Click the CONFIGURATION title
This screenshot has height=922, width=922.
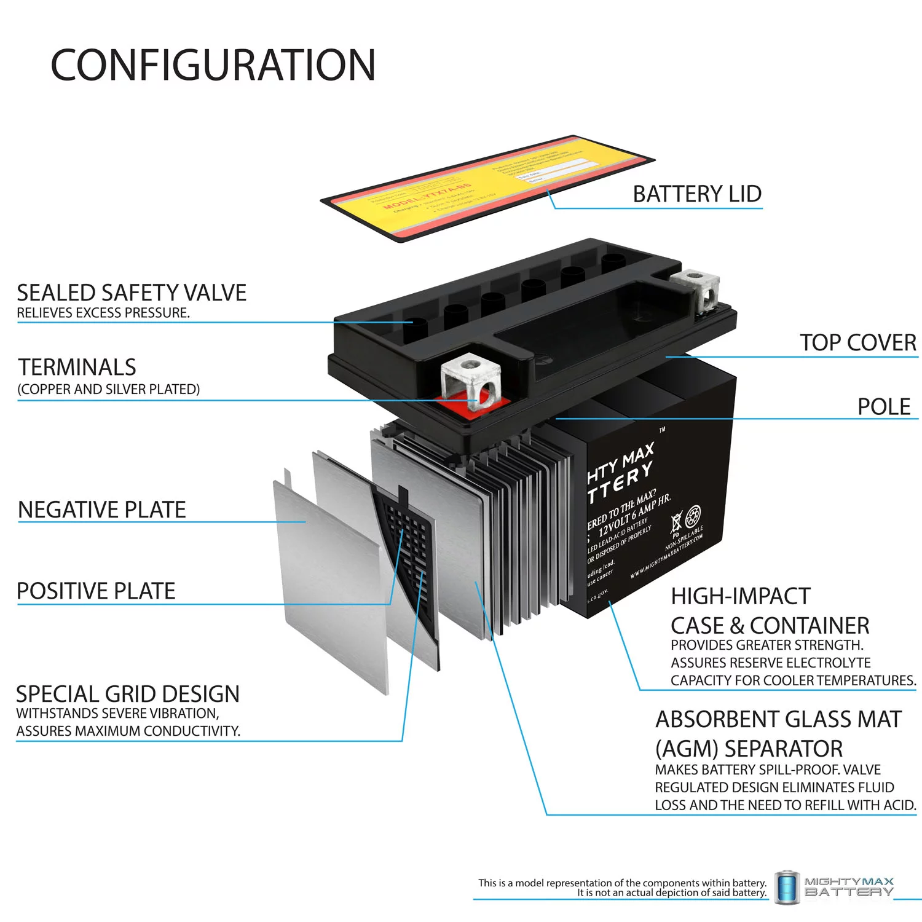pos(213,65)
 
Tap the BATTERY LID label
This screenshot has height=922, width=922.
pos(697,194)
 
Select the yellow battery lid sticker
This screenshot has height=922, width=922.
pos(486,187)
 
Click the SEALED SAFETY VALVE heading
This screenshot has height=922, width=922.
pos(132,293)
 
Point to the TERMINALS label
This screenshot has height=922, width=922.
pos(77,367)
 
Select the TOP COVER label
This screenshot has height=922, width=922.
pos(857,343)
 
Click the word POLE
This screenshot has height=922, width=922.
pos(883,407)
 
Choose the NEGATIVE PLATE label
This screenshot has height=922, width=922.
pos(102,510)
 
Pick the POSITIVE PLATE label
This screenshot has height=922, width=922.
pos(97,591)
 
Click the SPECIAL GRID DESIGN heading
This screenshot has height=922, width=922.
pos(128,694)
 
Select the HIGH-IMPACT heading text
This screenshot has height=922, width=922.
pos(741,596)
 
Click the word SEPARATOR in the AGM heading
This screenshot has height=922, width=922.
pos(784,749)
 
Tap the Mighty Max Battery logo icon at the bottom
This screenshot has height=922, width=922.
pos(786,888)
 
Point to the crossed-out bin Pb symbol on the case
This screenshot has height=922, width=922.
pos(676,523)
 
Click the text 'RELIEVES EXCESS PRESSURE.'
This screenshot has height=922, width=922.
pos(103,313)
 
